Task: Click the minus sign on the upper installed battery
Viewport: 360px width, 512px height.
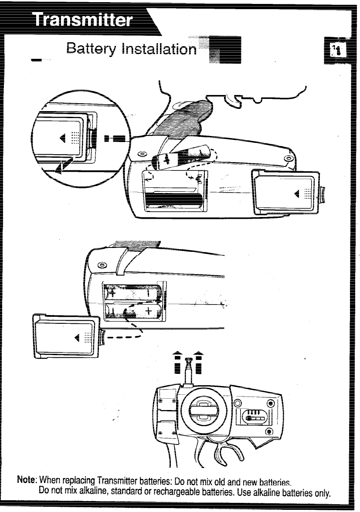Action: tap(150, 291)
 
